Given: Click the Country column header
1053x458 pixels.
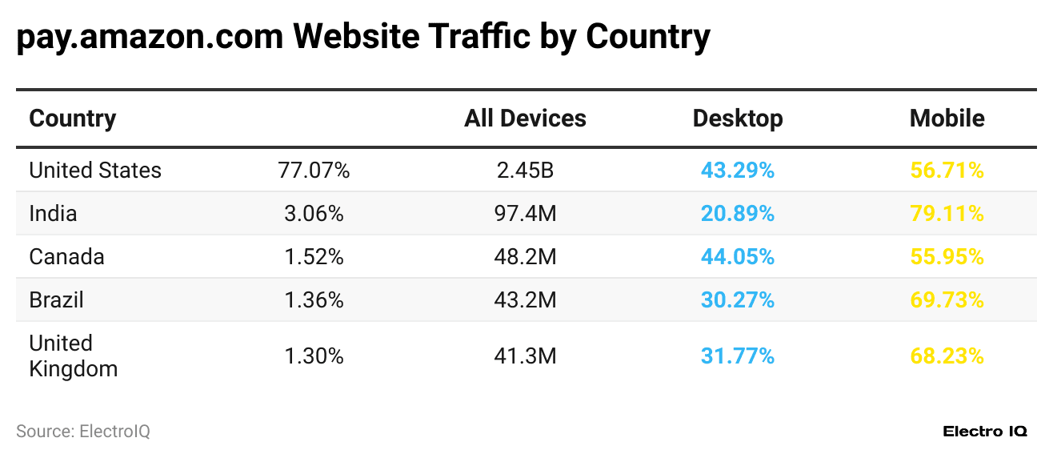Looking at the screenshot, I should [x=73, y=119].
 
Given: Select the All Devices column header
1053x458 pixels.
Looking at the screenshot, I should [x=525, y=119].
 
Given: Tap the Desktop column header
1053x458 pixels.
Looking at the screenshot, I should [x=738, y=119].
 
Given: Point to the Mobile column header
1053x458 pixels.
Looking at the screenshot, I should [x=947, y=119].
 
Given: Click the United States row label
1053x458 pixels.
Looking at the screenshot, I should [x=95, y=171].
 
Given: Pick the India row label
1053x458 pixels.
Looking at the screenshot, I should [x=53, y=214].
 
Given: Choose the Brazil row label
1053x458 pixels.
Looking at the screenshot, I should [x=56, y=300].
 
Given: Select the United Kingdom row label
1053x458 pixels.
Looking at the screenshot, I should [x=73, y=356].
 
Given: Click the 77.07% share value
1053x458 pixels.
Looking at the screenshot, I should [x=314, y=171].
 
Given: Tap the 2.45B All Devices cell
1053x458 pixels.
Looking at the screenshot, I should [x=525, y=171].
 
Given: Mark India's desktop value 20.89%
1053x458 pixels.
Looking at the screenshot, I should [x=738, y=214].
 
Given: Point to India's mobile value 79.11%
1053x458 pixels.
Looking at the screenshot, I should [x=947, y=214].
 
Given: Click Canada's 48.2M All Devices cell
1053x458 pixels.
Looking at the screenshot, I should [x=525, y=257].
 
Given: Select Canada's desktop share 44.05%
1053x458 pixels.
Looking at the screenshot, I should [x=738, y=257].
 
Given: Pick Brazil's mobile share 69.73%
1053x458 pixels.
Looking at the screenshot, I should [x=947, y=300].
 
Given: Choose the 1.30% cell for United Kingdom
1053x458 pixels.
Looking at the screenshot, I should [x=314, y=356].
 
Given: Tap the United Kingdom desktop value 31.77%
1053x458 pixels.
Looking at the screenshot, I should [x=738, y=356].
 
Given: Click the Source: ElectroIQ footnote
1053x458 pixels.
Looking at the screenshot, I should [x=83, y=432].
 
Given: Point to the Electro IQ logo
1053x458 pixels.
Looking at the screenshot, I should [x=984, y=432].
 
